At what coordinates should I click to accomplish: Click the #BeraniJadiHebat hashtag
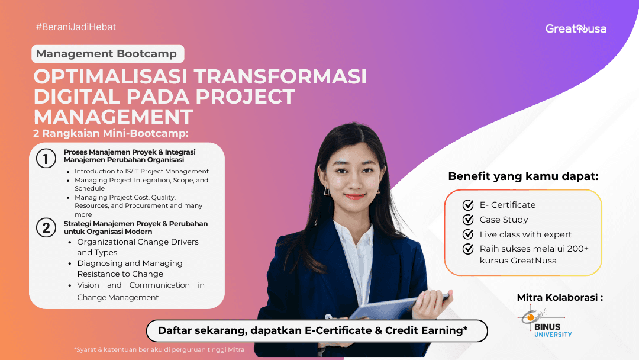(x=76, y=27)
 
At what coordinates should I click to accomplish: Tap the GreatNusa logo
(x=575, y=28)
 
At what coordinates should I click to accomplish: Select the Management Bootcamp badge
(x=107, y=54)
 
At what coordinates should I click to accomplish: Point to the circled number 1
(x=46, y=159)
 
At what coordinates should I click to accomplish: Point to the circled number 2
(x=46, y=227)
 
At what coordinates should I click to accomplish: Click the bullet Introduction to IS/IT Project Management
(x=141, y=171)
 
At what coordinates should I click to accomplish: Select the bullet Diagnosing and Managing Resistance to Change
(x=130, y=268)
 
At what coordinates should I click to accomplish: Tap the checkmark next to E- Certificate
(x=468, y=205)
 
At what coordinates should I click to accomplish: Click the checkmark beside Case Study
(x=468, y=220)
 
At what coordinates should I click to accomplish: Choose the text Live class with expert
(x=525, y=234)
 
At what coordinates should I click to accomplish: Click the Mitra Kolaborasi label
(x=560, y=297)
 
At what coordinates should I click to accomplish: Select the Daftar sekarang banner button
(x=317, y=330)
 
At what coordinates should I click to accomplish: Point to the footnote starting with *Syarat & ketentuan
(x=159, y=349)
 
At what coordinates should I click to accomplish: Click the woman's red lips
(x=354, y=196)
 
